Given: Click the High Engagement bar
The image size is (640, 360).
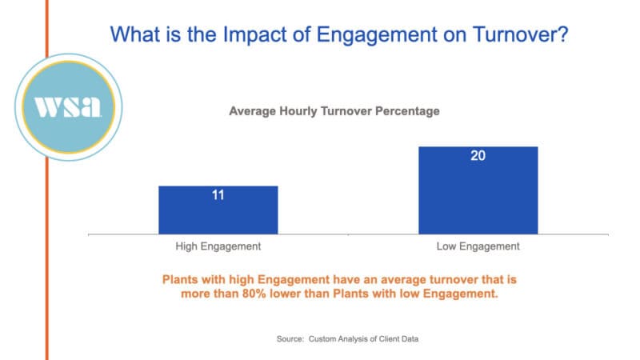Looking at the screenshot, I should pyautogui.click(x=218, y=210).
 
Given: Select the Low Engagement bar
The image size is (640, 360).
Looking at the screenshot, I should pyautogui.click(x=478, y=190).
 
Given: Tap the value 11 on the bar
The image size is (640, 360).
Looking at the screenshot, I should pyautogui.click(x=218, y=195).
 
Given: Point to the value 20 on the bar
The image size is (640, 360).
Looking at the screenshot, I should pyautogui.click(x=478, y=156).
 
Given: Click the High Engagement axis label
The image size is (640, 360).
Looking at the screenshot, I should pyautogui.click(x=218, y=246).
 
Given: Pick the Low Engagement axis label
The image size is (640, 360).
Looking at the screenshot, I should pyautogui.click(x=478, y=246).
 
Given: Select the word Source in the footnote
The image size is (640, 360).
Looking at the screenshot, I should pyautogui.click(x=291, y=339).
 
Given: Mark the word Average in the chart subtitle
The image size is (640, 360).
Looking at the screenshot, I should pyautogui.click(x=252, y=111).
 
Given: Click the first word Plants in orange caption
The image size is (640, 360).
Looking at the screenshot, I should pyautogui.click(x=180, y=280).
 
